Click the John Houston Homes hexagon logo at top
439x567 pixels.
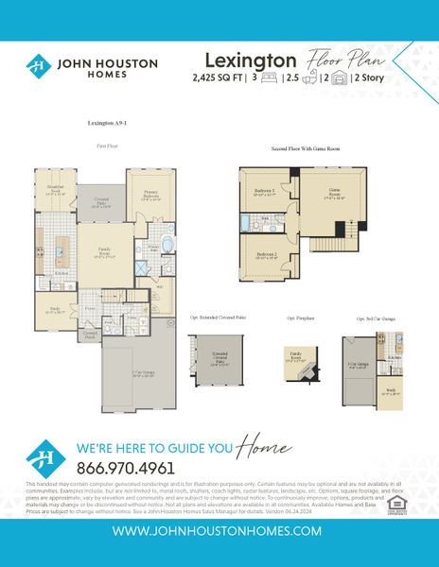point(38,66)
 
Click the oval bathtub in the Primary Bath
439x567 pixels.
point(167,246)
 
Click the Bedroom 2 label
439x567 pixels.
point(265,255)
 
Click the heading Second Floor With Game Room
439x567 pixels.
point(307,150)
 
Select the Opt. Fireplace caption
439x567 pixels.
point(302,318)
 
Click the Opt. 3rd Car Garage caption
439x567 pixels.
point(375,318)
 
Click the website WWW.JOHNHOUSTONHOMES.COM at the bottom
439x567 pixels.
point(219,532)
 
